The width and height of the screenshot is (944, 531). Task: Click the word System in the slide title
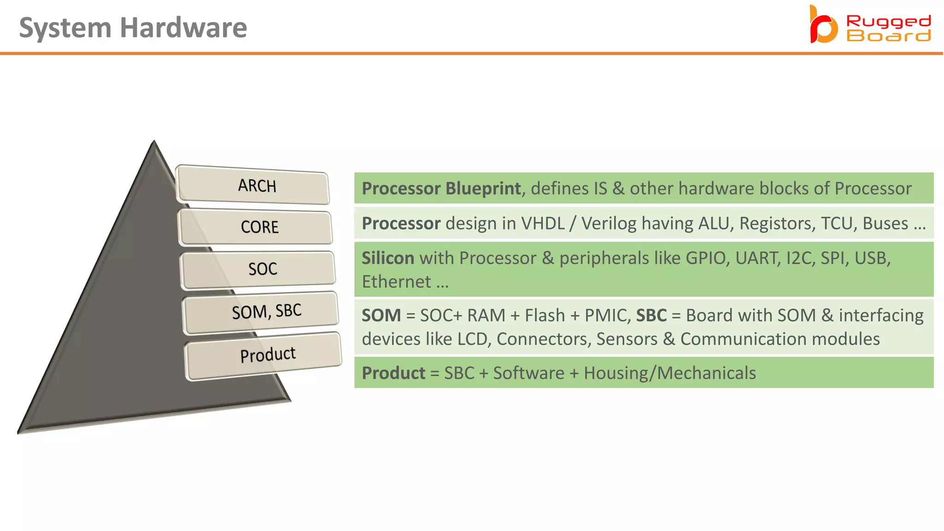[x=65, y=28]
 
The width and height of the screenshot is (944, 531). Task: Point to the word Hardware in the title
[x=183, y=28]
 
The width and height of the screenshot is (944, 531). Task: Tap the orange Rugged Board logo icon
[x=823, y=25]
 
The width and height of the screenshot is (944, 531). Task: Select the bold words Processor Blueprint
[x=441, y=189]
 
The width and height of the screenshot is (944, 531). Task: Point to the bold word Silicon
[x=388, y=258]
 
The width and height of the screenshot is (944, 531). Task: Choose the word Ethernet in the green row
[x=396, y=282]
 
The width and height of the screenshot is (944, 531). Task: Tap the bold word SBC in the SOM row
[x=651, y=316]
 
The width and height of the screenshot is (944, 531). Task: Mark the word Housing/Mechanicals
[x=670, y=373]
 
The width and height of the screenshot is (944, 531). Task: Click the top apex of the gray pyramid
[x=154, y=142]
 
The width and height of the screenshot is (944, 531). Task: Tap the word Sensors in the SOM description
[x=627, y=339]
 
